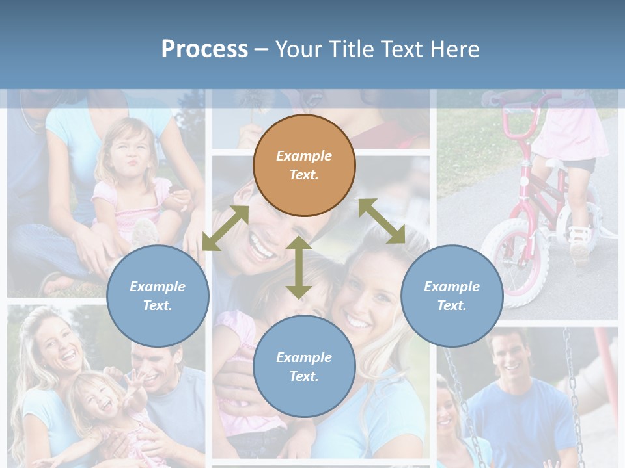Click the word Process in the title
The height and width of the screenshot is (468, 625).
[x=204, y=49]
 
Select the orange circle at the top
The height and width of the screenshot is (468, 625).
[x=304, y=165]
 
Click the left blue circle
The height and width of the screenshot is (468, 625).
[x=158, y=296]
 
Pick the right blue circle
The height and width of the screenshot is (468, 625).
[x=452, y=296]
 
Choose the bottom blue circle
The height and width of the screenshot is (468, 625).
[x=304, y=366]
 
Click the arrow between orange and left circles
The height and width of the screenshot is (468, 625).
[x=225, y=228]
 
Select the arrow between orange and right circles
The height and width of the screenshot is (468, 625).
[x=382, y=221]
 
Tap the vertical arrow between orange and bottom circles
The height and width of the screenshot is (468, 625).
[x=299, y=267]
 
